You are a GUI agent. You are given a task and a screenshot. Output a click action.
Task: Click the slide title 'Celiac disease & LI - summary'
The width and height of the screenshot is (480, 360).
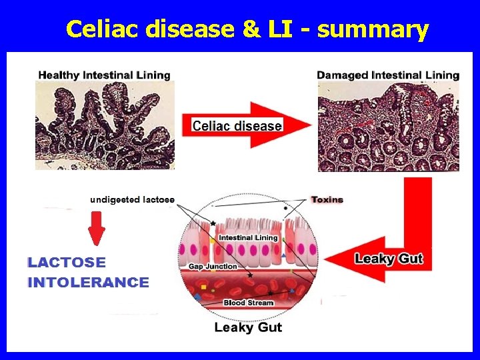[247, 29]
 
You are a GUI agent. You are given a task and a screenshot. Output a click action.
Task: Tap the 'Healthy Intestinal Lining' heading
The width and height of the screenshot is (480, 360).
[104, 75]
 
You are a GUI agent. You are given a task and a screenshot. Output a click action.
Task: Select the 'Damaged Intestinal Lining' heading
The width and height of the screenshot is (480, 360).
[388, 75]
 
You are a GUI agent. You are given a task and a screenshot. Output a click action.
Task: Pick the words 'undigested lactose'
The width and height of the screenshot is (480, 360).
[133, 199]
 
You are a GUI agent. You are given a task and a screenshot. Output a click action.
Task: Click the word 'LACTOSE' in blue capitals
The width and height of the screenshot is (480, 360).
[67, 263]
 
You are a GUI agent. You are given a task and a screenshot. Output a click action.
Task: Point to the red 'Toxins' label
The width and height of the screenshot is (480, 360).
[327, 199]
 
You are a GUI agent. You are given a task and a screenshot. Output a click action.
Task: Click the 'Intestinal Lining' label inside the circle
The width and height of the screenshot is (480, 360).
[248, 237]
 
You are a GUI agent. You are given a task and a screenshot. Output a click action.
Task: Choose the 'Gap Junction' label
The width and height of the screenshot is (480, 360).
[213, 267]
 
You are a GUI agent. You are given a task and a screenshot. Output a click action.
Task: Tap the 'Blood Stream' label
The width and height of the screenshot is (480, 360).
[248, 303]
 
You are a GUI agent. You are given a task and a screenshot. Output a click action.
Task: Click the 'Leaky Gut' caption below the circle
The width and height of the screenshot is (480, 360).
[248, 327]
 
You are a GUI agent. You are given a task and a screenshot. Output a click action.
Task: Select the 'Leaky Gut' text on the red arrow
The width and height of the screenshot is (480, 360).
[389, 259]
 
